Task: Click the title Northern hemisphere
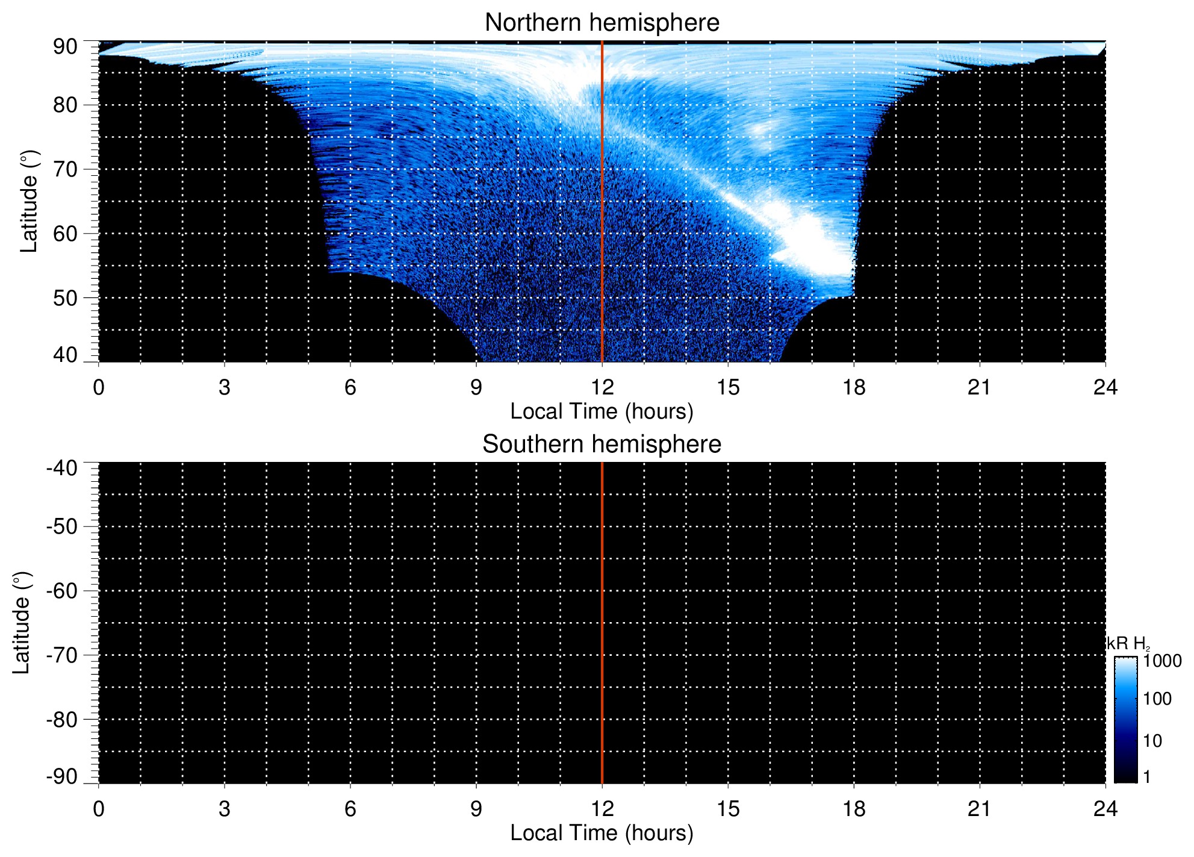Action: tap(602, 23)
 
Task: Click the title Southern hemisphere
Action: tap(602, 444)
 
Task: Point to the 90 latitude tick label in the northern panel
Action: tap(65, 47)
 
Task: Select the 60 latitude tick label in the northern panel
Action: tap(65, 234)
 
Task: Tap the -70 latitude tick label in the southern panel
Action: tap(62, 655)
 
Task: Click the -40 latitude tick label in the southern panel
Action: tap(62, 468)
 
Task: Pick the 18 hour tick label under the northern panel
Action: tap(854, 387)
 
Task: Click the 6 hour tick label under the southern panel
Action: tap(350, 809)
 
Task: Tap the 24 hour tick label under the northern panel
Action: tap(1105, 387)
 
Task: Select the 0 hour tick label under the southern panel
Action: tap(99, 809)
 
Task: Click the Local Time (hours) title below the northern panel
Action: tap(602, 411)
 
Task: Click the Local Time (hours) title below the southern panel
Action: tap(602, 833)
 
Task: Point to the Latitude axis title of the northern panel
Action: tap(29, 201)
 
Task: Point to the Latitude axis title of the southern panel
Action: tap(22, 623)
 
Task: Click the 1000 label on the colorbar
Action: tap(1163, 661)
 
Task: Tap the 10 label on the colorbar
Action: tap(1152, 741)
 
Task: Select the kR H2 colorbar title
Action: tap(1128, 644)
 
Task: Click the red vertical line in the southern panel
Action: tap(602, 623)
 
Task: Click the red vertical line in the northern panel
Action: tap(602, 201)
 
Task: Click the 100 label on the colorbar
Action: tap(1157, 699)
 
